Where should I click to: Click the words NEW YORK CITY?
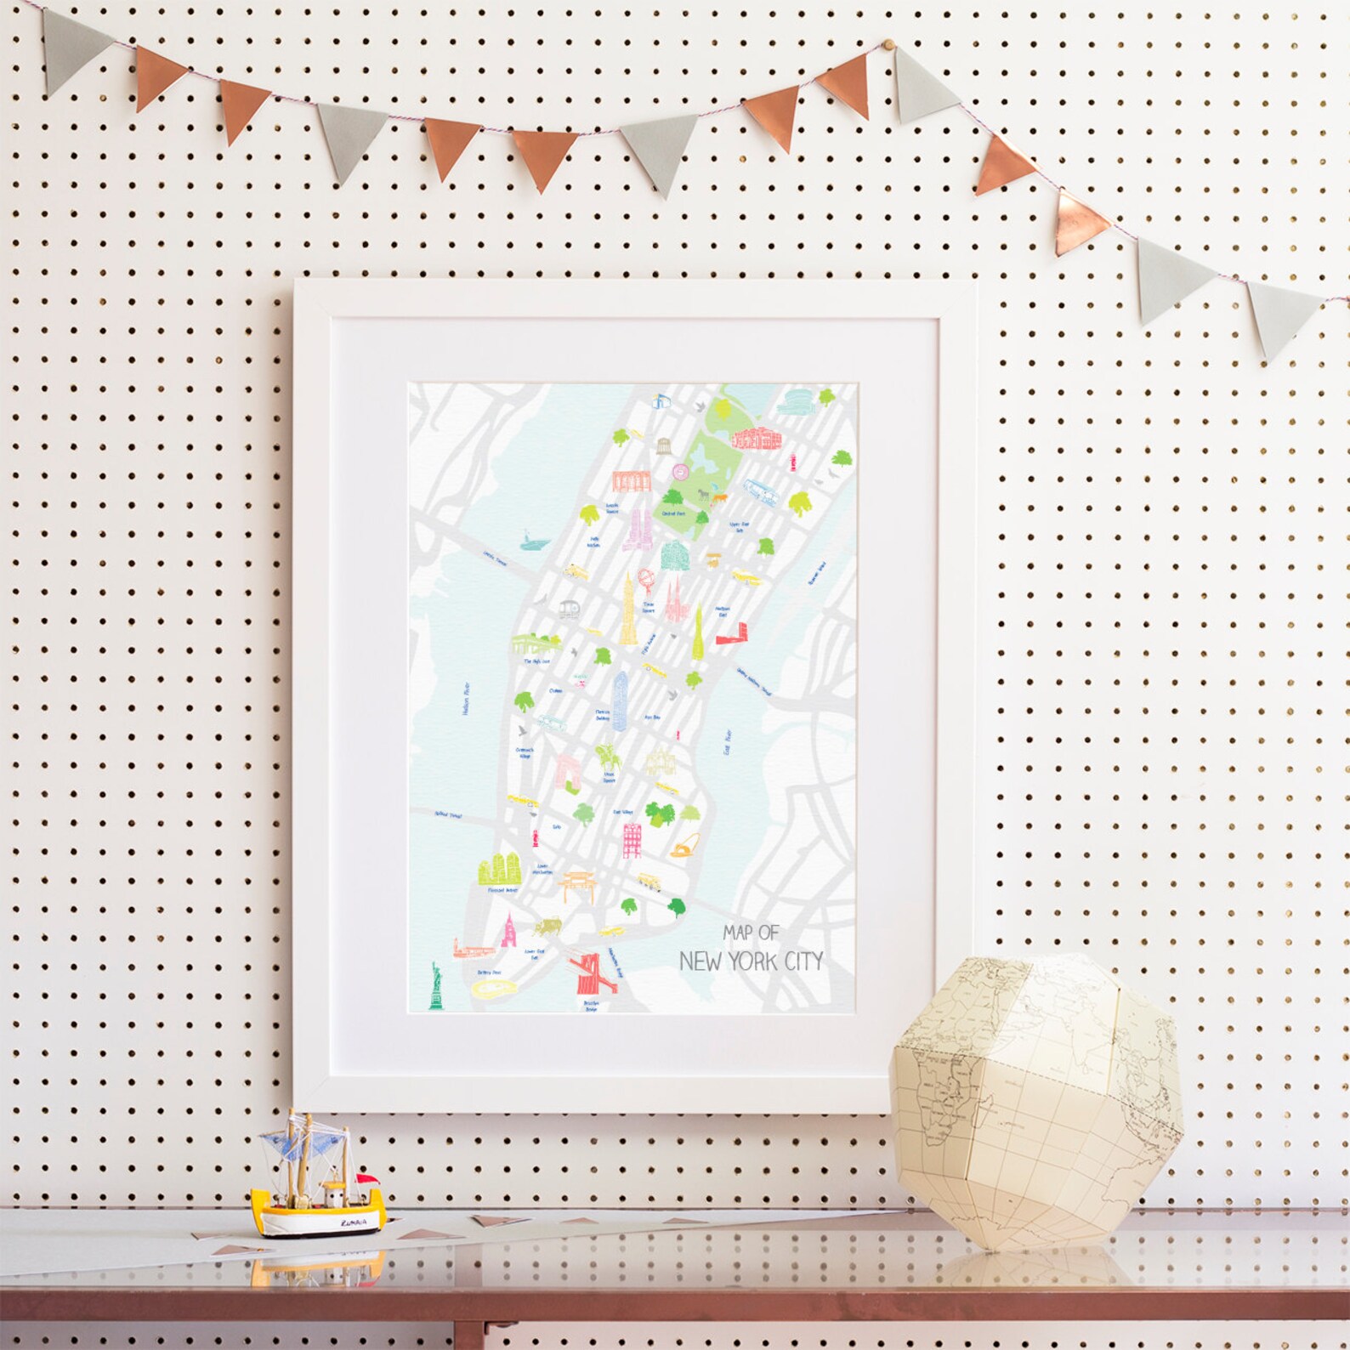point(751,961)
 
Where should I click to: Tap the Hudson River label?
point(467,700)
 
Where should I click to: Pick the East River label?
point(727,740)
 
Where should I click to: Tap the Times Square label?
point(648,610)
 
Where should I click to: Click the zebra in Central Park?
point(703,493)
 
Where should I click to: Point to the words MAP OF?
point(751,933)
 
